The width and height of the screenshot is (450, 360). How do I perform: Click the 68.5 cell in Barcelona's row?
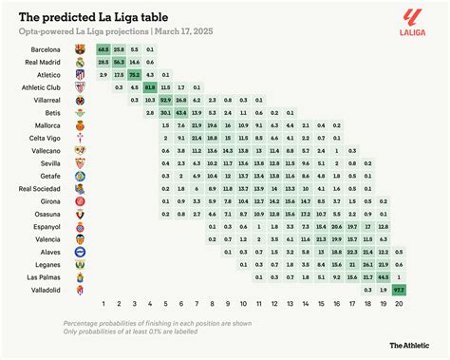(103, 47)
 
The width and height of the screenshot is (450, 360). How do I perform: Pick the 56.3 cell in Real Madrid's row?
(119, 60)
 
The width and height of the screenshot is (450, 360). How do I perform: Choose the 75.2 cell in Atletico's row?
(135, 73)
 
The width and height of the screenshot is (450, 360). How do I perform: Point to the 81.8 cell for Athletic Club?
(151, 86)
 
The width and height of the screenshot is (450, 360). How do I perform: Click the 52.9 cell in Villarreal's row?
(166, 99)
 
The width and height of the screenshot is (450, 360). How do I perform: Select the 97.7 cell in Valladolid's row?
(399, 288)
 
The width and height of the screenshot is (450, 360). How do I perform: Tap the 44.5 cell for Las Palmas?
(383, 275)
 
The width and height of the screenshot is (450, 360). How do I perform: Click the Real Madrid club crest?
(81, 60)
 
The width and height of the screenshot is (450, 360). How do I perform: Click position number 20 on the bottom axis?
(399, 303)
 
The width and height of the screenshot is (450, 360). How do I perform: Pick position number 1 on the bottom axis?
(103, 303)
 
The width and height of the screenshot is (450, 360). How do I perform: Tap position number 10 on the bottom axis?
(244, 303)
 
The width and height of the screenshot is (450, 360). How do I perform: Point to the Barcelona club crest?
(81, 47)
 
